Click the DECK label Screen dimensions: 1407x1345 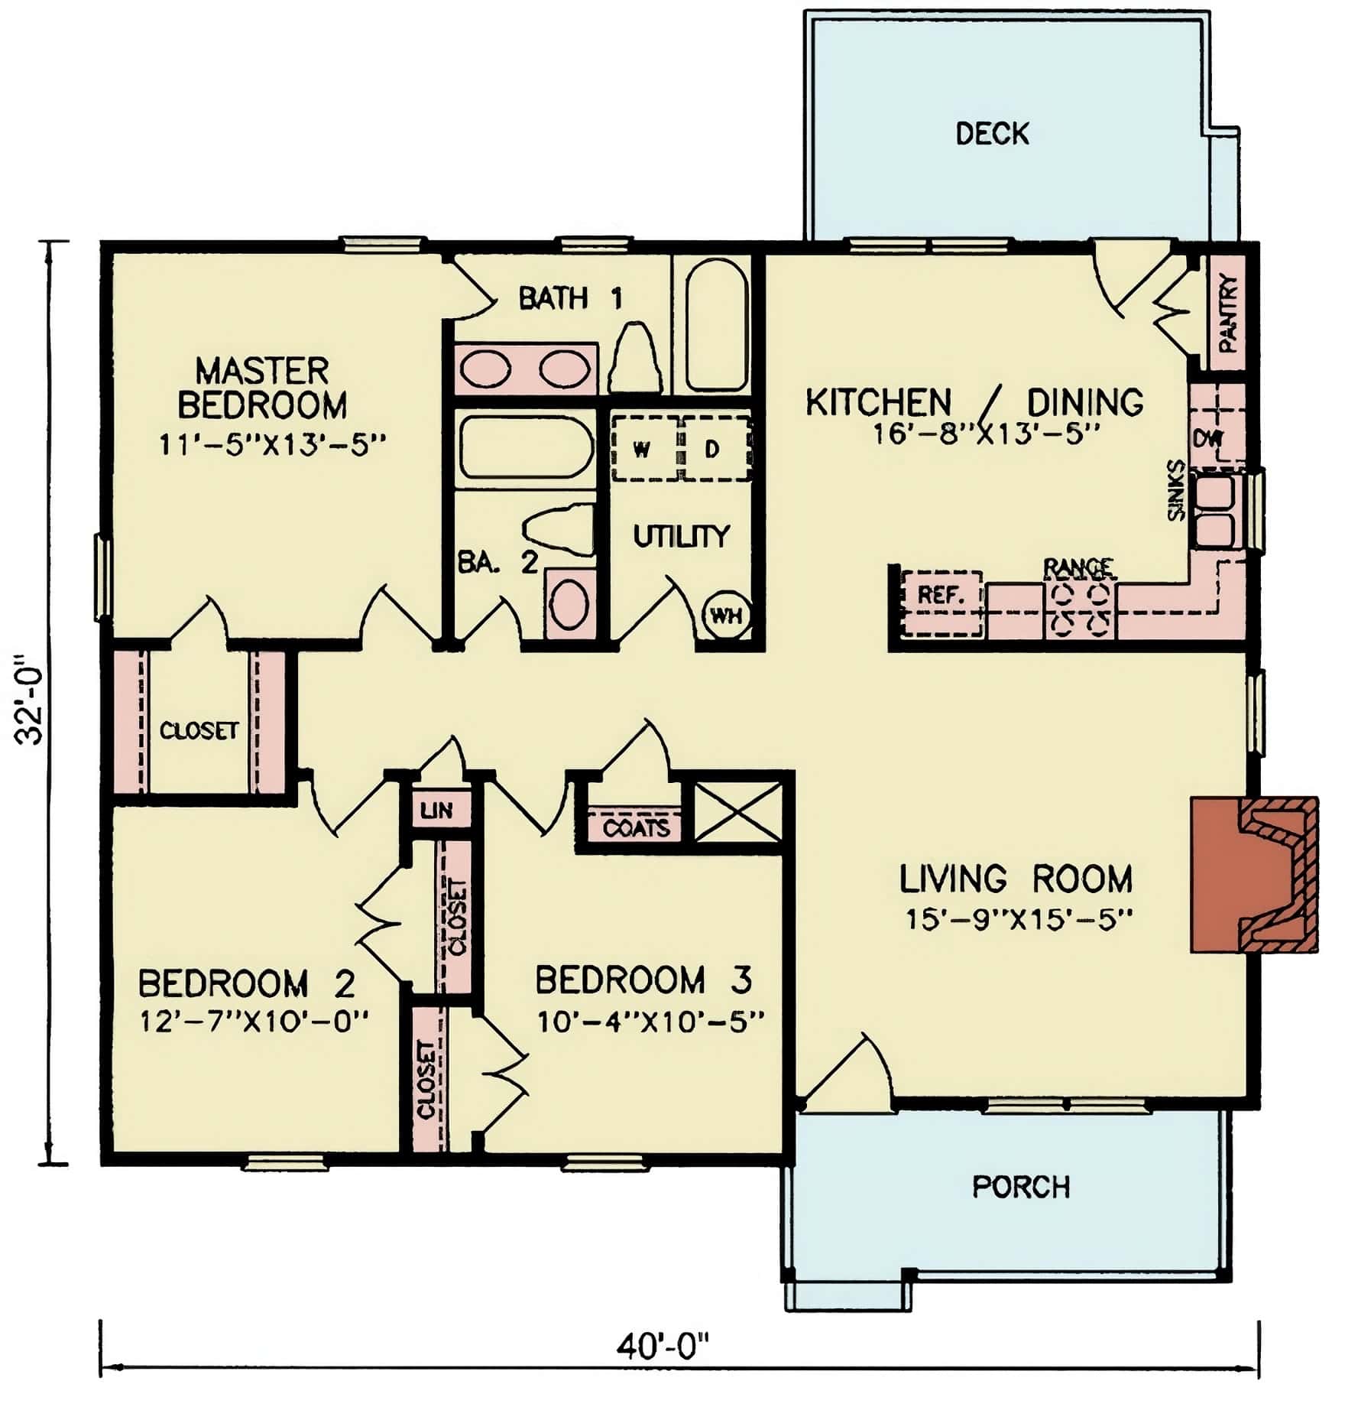coord(992,134)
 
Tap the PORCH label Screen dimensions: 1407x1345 coord(1020,1187)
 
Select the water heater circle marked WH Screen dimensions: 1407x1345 coord(724,614)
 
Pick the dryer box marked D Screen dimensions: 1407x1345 coord(712,450)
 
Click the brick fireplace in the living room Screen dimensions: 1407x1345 coord(1253,874)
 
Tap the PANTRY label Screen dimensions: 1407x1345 coord(1227,314)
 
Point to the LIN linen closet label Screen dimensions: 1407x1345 coord(436,810)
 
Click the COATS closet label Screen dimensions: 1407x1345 coord(636,827)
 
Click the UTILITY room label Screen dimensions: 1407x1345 coord(681,537)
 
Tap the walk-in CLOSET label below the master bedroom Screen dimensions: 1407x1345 coord(199,730)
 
